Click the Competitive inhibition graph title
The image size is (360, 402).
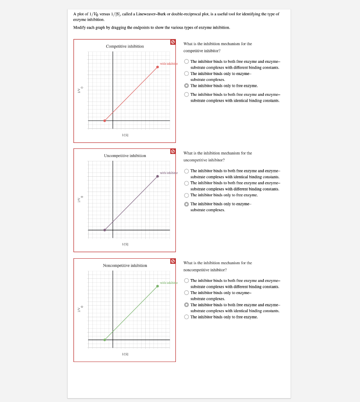125,46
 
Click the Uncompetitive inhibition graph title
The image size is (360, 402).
125,156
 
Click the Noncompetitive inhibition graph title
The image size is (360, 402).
125,266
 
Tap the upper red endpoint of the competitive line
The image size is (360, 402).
157,67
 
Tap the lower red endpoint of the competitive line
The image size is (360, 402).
104,121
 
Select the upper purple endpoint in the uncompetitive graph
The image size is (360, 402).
157,176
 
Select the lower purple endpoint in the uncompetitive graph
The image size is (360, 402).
104,230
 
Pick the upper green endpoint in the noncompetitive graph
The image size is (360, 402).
157,286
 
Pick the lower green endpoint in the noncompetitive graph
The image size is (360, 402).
104,340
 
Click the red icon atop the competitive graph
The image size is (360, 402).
173,42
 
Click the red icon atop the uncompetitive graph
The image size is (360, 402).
173,152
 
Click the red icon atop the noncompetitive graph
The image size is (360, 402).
173,261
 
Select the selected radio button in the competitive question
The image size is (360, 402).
186,86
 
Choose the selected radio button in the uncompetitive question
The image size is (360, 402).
186,204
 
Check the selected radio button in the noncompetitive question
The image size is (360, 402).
186,305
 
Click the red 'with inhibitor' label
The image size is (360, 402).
168,64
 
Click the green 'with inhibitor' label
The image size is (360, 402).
168,283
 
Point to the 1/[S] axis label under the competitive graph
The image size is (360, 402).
125,135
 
